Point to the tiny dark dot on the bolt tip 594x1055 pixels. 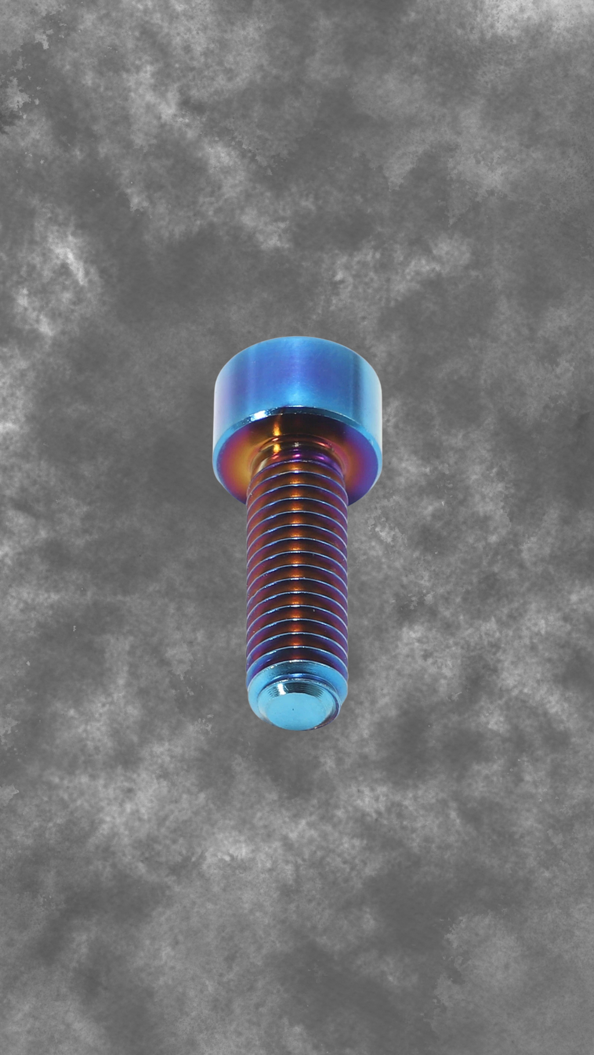pos(294,708)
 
